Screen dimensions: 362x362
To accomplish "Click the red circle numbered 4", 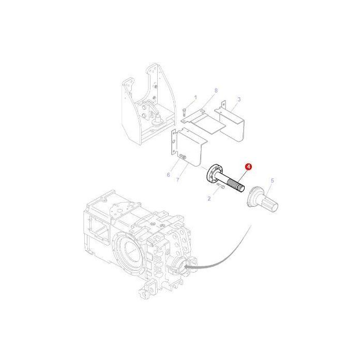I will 249,167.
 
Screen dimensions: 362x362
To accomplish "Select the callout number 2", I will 209,198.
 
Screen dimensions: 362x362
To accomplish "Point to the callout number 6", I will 168,175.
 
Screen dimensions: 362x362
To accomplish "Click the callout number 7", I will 177,179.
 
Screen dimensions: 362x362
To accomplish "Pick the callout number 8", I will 216,90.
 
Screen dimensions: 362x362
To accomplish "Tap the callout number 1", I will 195,97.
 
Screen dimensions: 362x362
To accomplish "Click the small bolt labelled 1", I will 184,111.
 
